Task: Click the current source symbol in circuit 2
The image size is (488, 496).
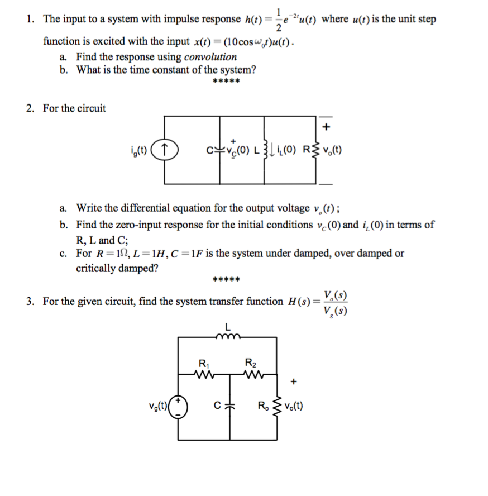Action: coord(165,150)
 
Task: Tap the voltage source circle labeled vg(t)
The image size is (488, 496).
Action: coord(179,407)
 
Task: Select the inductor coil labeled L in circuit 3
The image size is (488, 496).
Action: coord(228,336)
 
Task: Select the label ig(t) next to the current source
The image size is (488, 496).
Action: coord(140,150)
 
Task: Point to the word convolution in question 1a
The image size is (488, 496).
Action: coord(210,56)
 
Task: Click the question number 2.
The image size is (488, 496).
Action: coord(30,108)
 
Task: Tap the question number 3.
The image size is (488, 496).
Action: coord(30,302)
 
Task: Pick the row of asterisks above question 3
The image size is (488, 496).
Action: coord(227,279)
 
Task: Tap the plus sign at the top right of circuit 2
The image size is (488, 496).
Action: coord(327,126)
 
